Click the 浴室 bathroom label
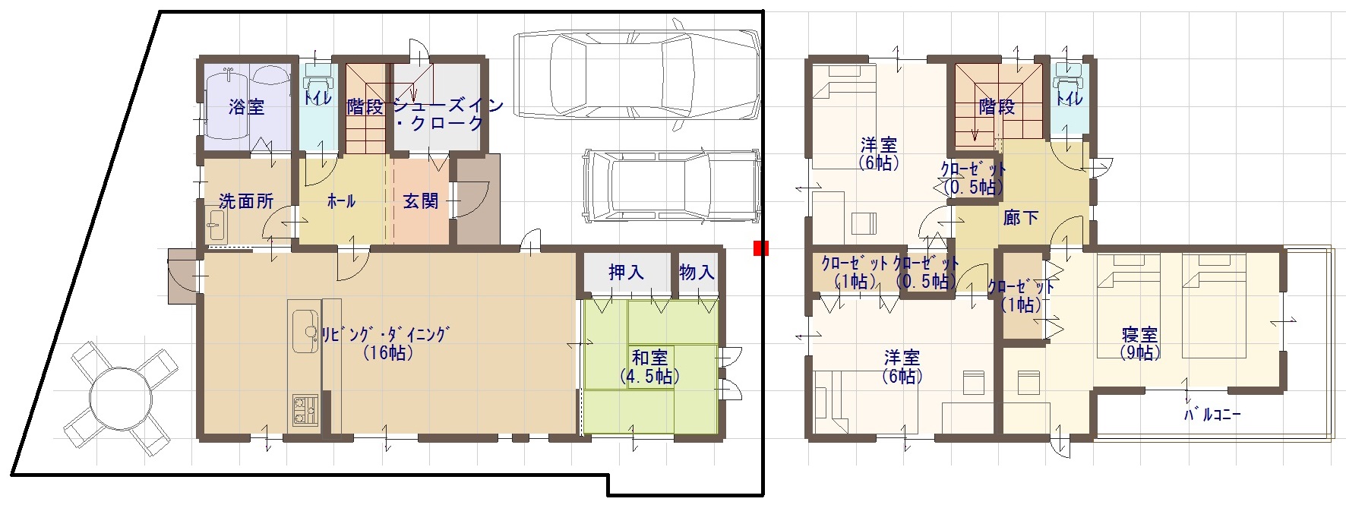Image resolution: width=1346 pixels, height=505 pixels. [x=247, y=107]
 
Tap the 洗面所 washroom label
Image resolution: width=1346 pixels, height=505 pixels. [x=245, y=201]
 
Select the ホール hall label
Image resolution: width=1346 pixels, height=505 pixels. [x=341, y=201]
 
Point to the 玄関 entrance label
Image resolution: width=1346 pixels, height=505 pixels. [x=420, y=201]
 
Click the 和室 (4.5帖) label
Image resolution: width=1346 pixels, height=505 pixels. [x=649, y=366]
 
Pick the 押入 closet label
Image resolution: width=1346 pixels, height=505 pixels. [x=626, y=272]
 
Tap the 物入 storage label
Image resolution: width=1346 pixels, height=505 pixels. [x=697, y=272]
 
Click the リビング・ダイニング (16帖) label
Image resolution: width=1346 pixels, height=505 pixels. [x=387, y=342]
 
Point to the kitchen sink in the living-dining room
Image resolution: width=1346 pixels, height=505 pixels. [x=306, y=331]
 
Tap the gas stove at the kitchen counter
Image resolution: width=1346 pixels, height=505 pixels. [x=306, y=410]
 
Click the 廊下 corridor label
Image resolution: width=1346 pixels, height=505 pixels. [x=1021, y=218]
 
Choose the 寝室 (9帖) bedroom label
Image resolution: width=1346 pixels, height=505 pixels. [x=1139, y=343]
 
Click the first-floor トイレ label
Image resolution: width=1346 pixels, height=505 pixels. [x=317, y=98]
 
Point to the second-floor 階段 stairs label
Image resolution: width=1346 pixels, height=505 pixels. [x=997, y=107]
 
